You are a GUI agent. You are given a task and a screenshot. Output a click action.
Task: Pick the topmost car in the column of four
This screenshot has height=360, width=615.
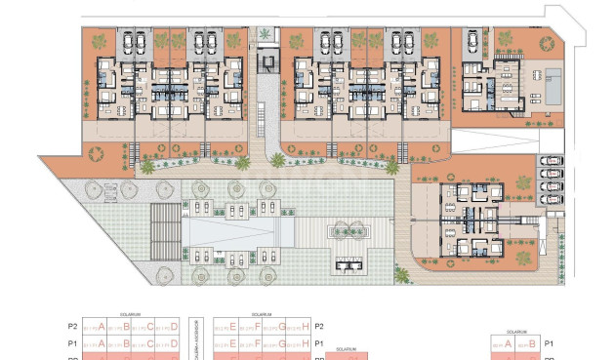coord(551,161)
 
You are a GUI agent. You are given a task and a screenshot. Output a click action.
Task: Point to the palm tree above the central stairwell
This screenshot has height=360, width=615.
coord(265,36)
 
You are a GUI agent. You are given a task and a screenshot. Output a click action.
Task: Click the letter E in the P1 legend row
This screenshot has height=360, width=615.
coord(233,344)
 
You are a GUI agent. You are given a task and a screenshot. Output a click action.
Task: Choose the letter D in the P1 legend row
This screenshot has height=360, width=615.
coord(174,344)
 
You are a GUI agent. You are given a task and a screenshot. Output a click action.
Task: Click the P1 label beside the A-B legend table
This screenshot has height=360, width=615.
coord(549,344)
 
